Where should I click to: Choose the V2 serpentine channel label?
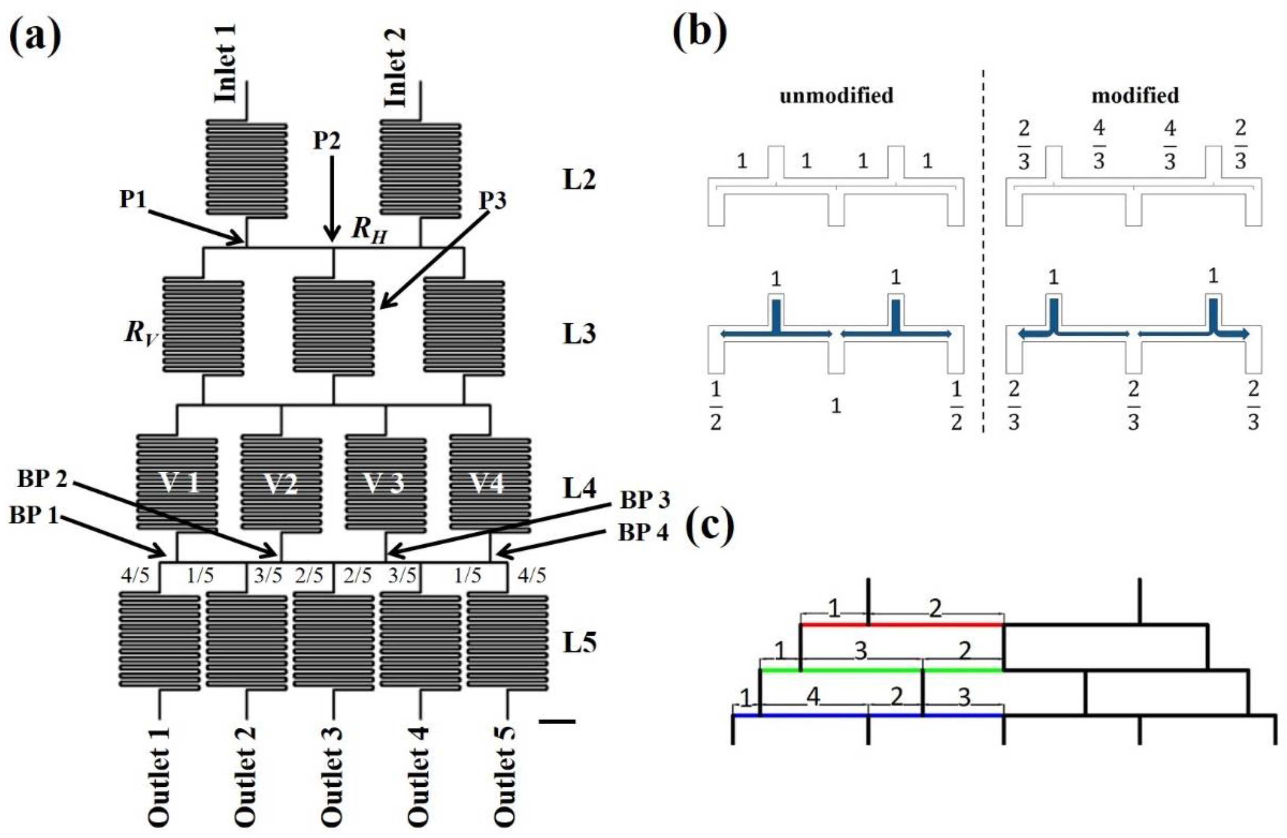[281, 483]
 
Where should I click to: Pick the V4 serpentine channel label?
[488, 483]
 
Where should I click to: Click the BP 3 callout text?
[644, 501]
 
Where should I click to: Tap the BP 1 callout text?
[33, 515]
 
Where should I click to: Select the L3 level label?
[579, 334]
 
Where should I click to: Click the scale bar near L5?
[557, 721]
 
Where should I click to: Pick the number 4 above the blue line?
[813, 697]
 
